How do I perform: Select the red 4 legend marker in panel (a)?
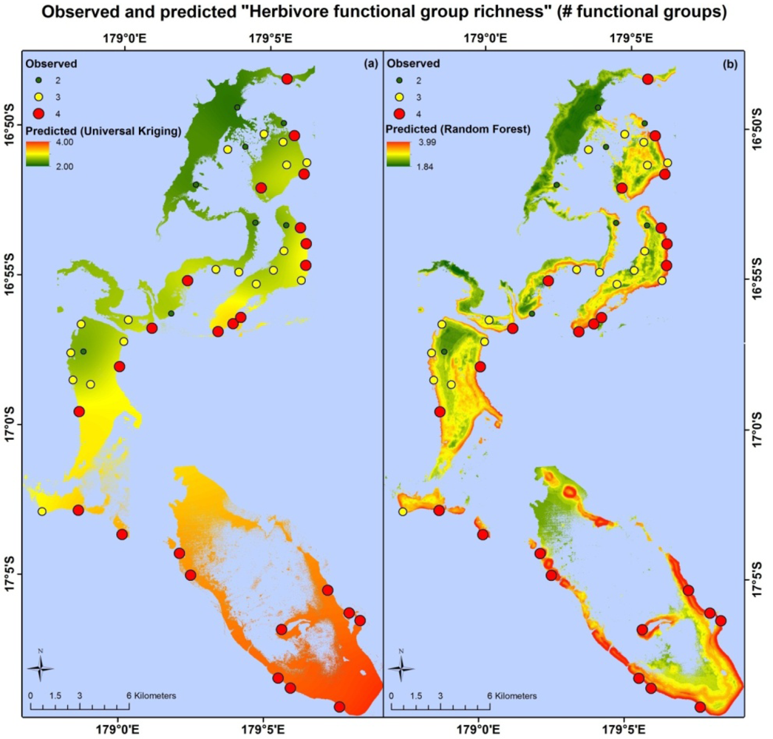click(x=40, y=113)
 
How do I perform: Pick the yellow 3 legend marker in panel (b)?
click(x=401, y=96)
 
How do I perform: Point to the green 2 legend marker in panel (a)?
click(x=40, y=79)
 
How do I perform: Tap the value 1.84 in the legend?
click(x=426, y=166)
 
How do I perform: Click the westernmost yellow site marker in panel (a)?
click(x=42, y=511)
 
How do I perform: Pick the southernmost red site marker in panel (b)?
click(x=700, y=707)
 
